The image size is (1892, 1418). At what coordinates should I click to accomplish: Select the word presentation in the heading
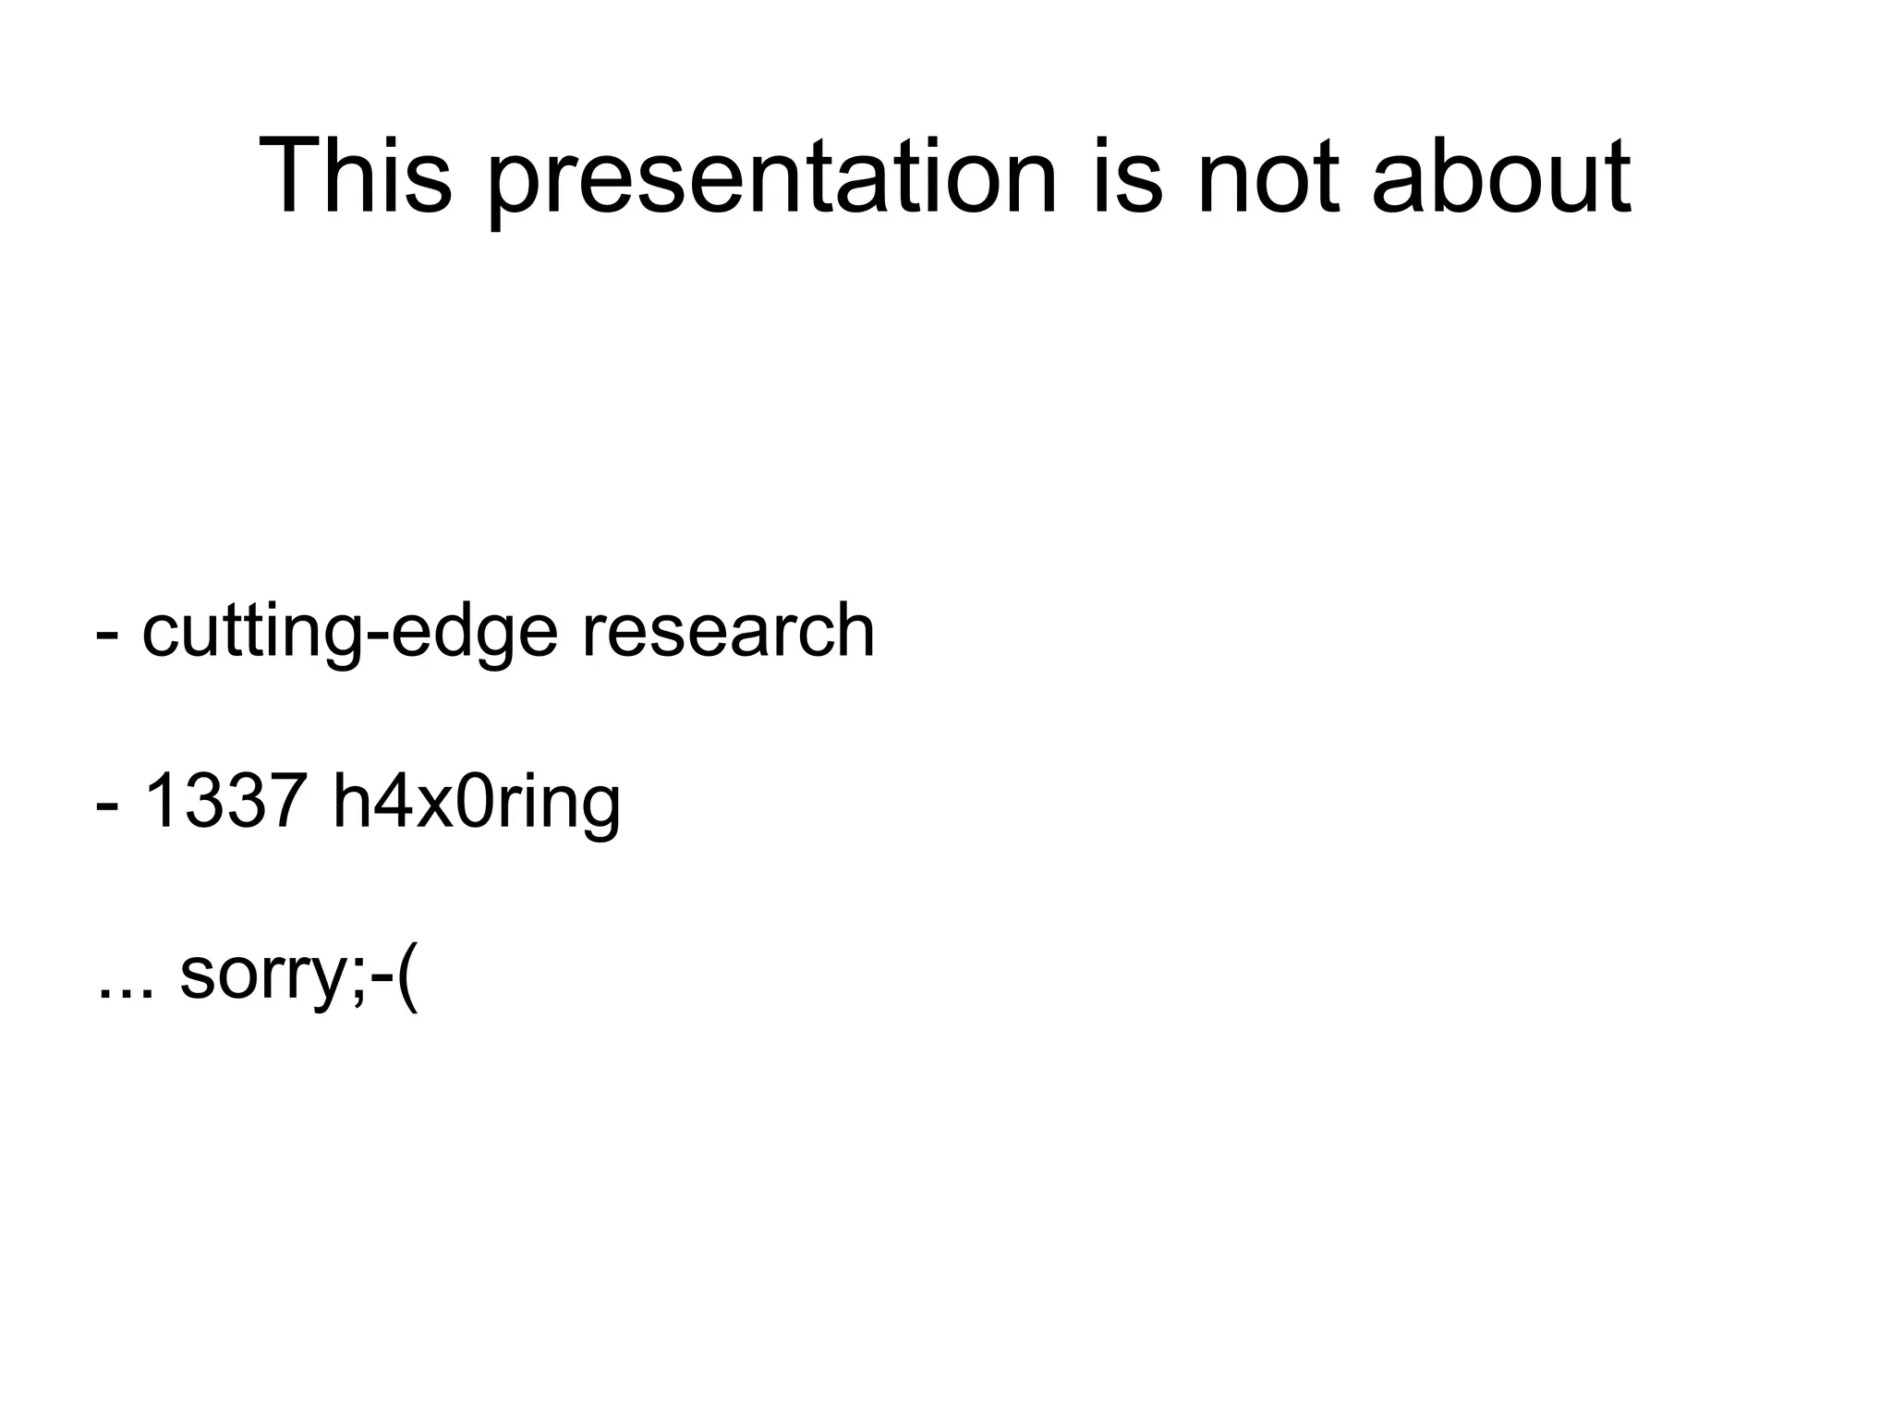coord(771,180)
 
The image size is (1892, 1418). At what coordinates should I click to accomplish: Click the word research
coord(727,631)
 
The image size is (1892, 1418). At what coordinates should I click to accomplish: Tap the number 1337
coord(226,801)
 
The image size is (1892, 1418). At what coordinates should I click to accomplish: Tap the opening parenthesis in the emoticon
coord(407,976)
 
